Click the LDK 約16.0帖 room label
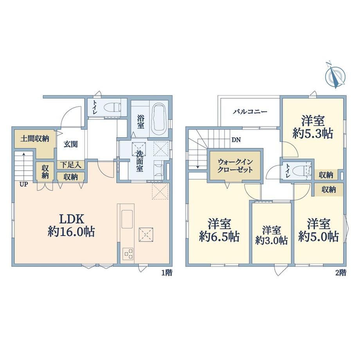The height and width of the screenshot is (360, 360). (71, 225)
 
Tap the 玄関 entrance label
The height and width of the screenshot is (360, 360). (71, 144)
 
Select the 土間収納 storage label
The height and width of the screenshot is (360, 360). (35, 139)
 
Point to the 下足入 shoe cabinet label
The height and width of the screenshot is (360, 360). (71, 165)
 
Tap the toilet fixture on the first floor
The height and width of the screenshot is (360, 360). (112, 108)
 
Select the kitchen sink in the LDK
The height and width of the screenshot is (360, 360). (127, 219)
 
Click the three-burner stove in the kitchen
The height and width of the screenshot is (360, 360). (128, 254)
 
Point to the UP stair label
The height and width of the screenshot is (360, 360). (23, 184)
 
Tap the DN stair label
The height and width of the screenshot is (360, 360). (236, 140)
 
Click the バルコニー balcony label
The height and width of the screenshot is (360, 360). (250, 112)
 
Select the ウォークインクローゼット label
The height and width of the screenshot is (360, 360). (235, 166)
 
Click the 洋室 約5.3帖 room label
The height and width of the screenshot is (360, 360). (313, 127)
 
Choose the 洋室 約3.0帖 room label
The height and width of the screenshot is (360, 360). (272, 235)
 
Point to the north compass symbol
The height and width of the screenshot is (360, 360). (335, 75)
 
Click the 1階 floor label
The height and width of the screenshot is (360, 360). (167, 273)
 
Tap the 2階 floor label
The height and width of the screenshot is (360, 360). (341, 273)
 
